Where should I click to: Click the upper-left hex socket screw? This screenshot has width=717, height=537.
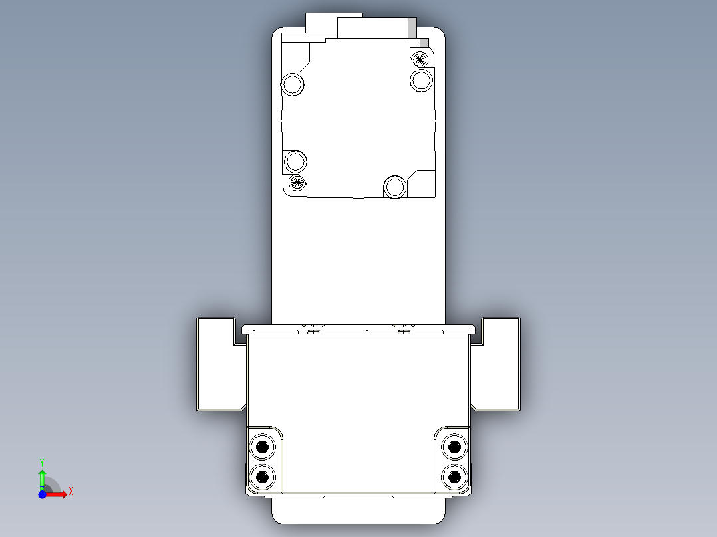(262, 447)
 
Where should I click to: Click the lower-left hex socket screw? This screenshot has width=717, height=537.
(262, 476)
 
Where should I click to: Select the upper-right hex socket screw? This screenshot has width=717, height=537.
(454, 447)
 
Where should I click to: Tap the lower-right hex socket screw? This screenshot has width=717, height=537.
(454, 476)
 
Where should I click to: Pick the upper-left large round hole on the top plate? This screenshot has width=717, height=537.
(292, 84)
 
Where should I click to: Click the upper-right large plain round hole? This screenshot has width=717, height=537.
(421, 80)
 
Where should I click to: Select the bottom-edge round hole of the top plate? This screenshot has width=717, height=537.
(394, 187)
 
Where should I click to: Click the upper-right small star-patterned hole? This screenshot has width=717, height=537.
(420, 58)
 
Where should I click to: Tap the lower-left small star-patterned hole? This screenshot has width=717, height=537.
(297, 182)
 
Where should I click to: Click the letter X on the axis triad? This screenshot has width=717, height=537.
(71, 491)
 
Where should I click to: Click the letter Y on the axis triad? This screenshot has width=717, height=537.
(41, 461)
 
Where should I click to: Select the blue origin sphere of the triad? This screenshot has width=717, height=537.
(42, 494)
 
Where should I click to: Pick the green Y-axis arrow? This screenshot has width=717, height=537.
(41, 478)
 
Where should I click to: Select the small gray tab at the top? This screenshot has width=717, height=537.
(412, 27)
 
